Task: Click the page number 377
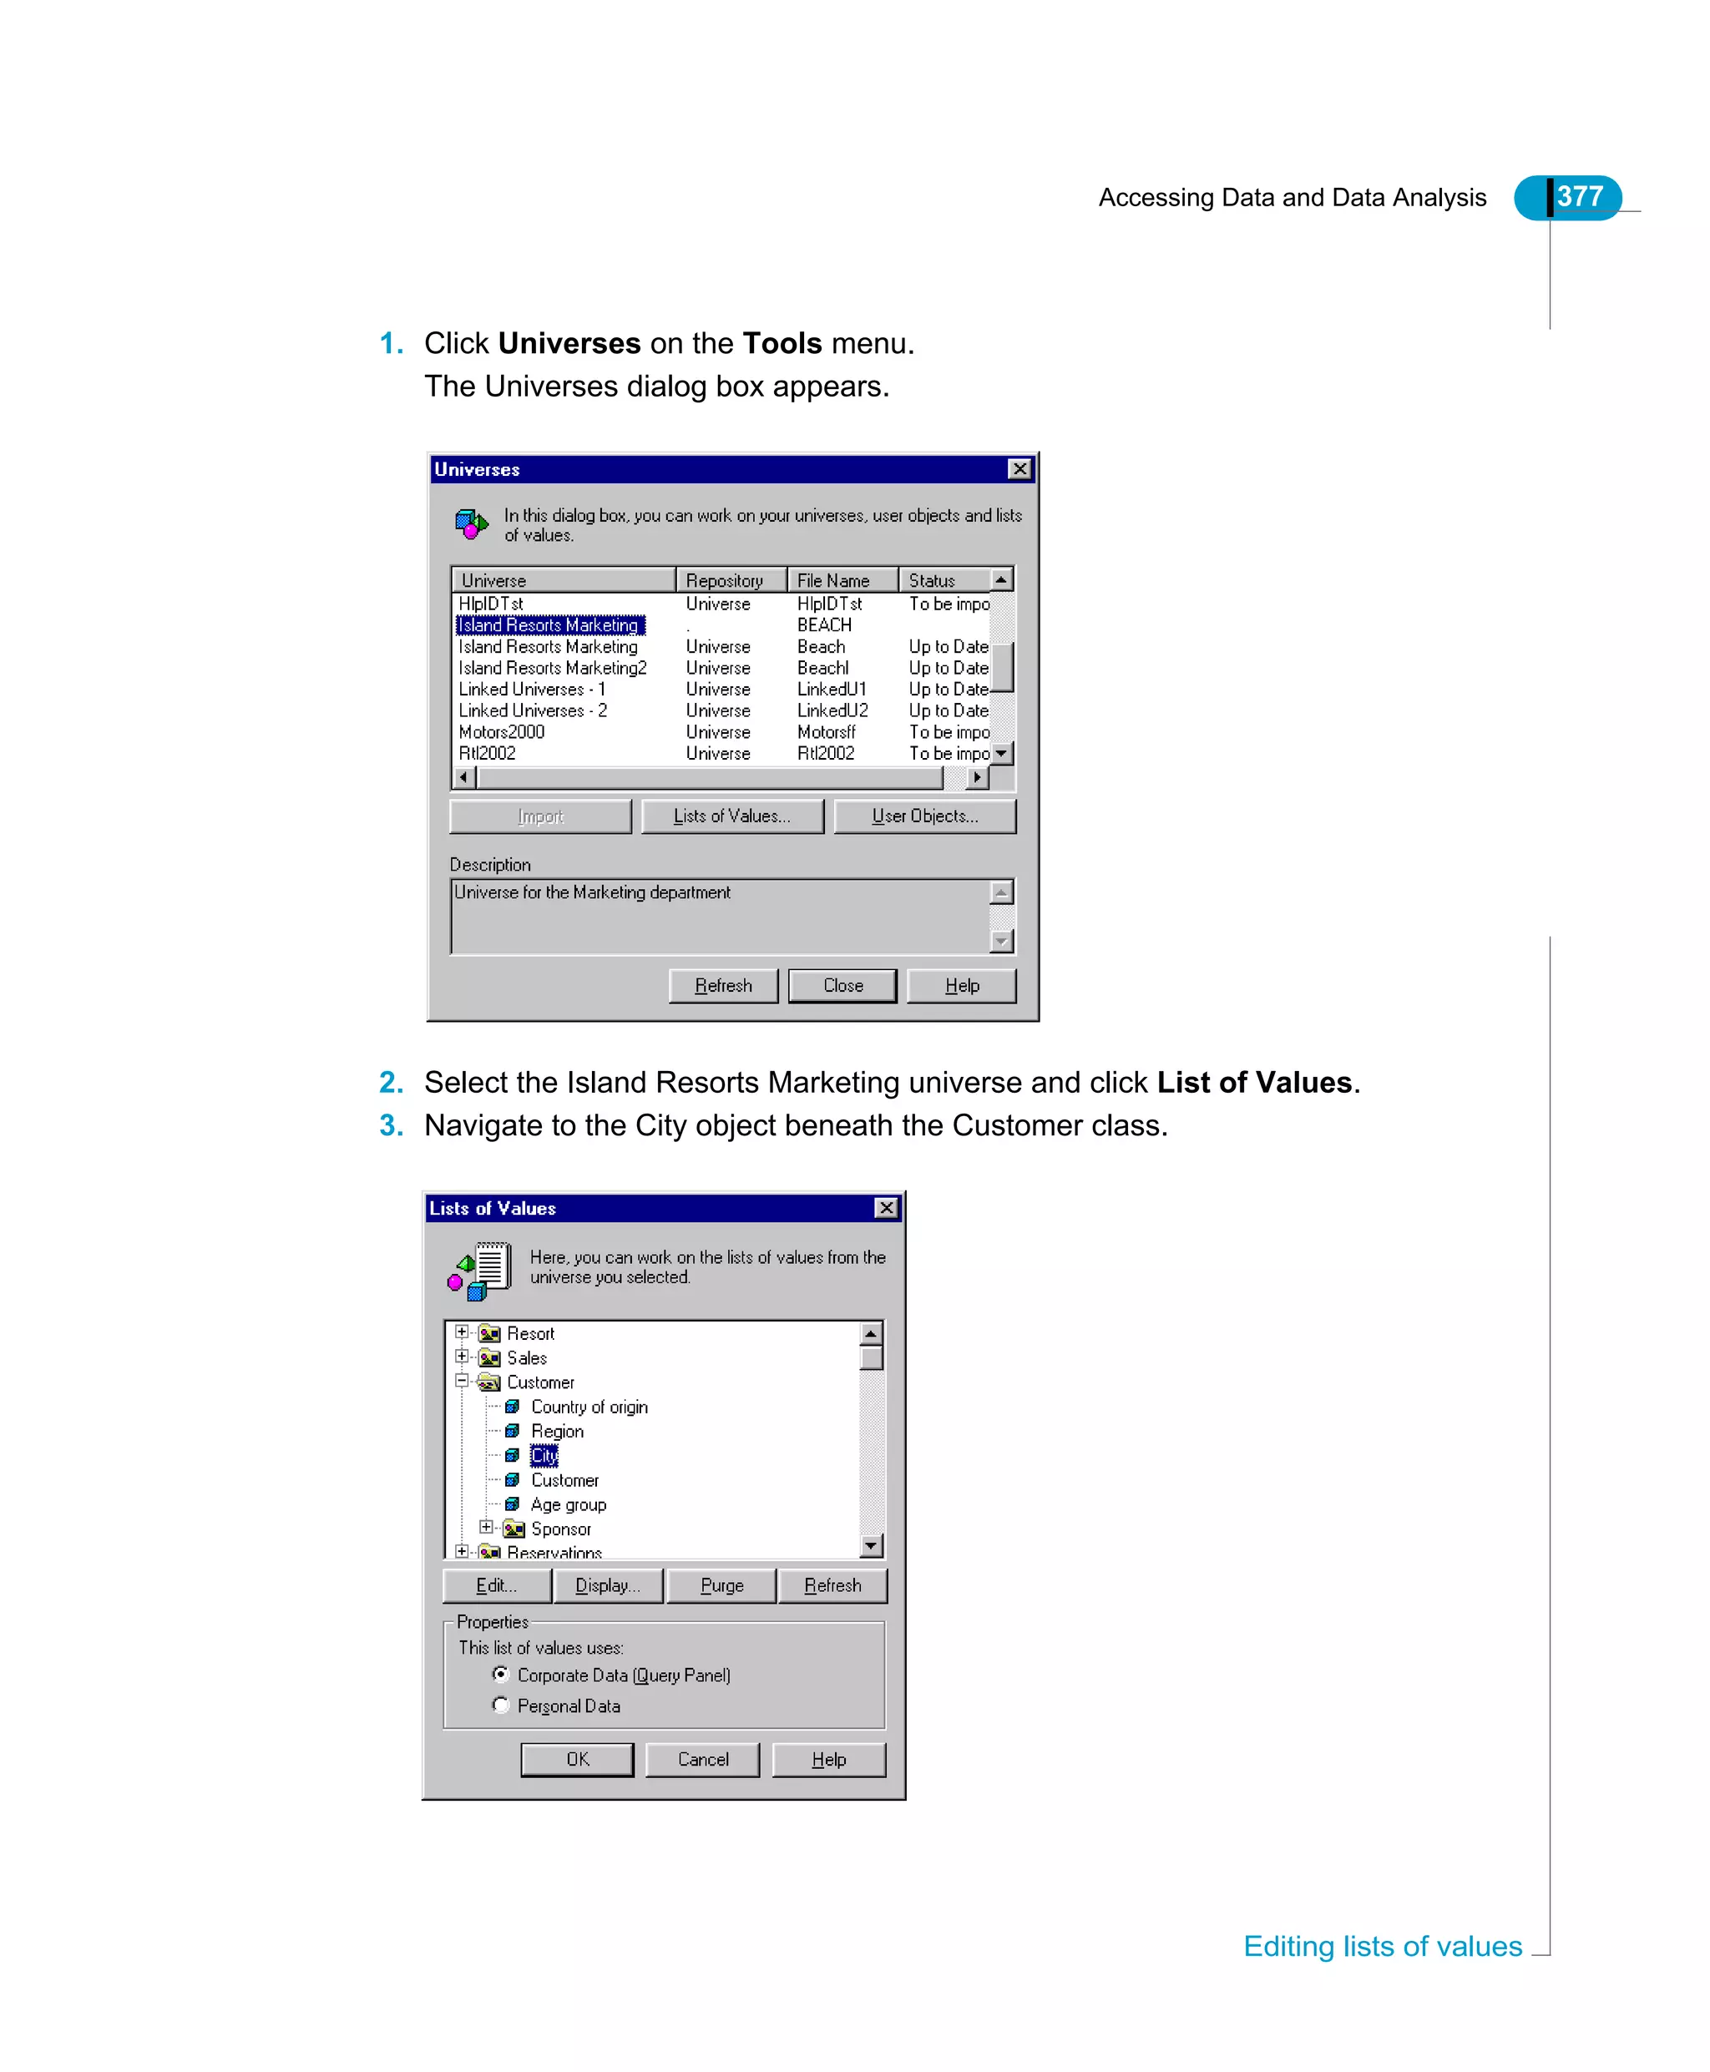point(1579,197)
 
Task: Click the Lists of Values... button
point(732,816)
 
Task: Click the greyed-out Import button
point(539,816)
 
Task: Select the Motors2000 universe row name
point(501,731)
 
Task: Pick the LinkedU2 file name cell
point(832,710)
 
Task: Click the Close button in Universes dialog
point(842,986)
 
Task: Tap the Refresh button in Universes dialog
point(723,986)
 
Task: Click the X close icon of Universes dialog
point(1019,469)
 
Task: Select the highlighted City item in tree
point(544,1456)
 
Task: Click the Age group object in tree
point(569,1505)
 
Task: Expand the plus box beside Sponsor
point(486,1528)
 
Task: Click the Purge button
point(721,1585)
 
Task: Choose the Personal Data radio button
point(501,1705)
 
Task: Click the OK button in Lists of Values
point(577,1759)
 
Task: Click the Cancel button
point(702,1759)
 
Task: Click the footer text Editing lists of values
point(1382,1946)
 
